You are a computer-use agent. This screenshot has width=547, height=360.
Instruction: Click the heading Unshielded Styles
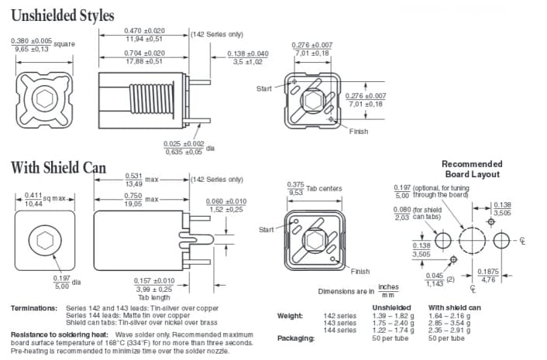pos(63,15)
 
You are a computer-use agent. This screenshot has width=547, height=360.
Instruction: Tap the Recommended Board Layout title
pos(472,169)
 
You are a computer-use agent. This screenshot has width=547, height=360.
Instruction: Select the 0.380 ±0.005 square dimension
pos(32,45)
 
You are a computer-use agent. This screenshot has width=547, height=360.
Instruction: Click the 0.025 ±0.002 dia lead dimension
pos(184,147)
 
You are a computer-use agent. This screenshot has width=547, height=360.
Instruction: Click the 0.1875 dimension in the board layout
pos(488,275)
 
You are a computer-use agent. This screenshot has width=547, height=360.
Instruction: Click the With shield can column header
pos(455,308)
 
